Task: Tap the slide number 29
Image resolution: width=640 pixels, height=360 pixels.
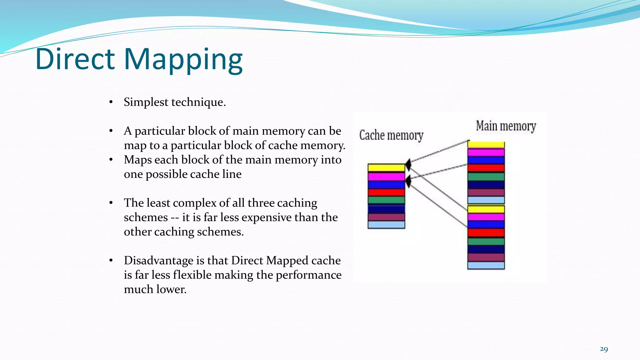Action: pyautogui.click(x=604, y=349)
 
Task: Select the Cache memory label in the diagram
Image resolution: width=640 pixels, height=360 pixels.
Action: pyautogui.click(x=391, y=136)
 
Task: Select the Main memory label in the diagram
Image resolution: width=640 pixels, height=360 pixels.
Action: pyautogui.click(x=506, y=126)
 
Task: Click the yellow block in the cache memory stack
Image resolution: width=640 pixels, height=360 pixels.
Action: pyautogui.click(x=386, y=168)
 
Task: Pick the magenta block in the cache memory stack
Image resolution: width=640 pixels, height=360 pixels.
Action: pyautogui.click(x=386, y=177)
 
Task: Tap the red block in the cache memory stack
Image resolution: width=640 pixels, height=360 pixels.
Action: pyautogui.click(x=386, y=192)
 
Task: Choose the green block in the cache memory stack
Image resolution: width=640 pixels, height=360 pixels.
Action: pyautogui.click(x=386, y=200)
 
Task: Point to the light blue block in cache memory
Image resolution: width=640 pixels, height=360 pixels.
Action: pyautogui.click(x=386, y=225)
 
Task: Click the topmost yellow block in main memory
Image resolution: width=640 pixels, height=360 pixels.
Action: pyautogui.click(x=486, y=145)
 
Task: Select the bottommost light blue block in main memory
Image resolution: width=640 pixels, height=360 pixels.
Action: pyautogui.click(x=486, y=266)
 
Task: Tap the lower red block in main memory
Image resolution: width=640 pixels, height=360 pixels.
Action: pyautogui.click(x=486, y=233)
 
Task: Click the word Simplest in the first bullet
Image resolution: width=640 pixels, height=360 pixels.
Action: pyautogui.click(x=146, y=102)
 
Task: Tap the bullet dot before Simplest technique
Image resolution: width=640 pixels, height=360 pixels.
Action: pyautogui.click(x=111, y=102)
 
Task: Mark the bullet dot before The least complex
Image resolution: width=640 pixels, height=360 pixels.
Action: pyautogui.click(x=111, y=203)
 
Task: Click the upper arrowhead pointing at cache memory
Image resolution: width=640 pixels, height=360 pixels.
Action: pyautogui.click(x=408, y=164)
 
